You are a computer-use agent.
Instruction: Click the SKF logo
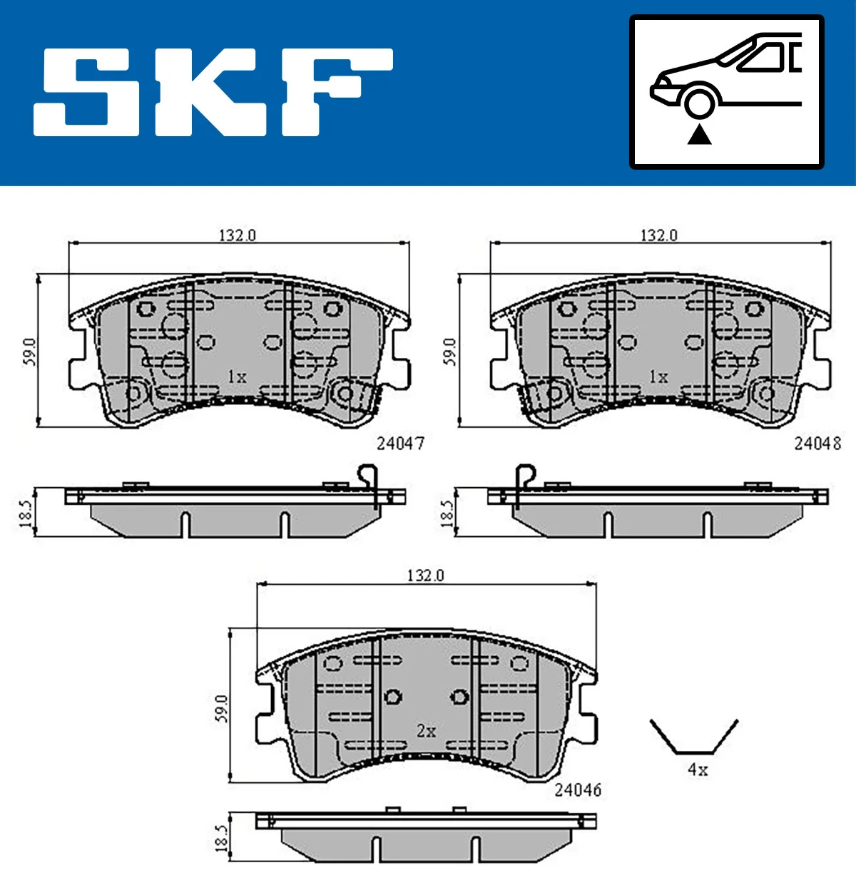coord(213,92)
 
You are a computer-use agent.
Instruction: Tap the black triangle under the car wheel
coord(699,133)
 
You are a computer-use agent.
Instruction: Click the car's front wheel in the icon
coord(699,101)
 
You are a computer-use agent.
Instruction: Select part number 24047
coord(400,444)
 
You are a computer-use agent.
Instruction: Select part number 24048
coord(817,444)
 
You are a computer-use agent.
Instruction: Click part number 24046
coord(578,790)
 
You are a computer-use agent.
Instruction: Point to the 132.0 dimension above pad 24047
coord(237,235)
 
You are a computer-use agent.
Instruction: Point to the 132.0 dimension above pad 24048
coord(658,235)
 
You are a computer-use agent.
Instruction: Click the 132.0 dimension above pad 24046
coord(425,575)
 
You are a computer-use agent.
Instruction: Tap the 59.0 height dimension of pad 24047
coord(29,352)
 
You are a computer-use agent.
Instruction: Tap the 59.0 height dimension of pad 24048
coord(449,352)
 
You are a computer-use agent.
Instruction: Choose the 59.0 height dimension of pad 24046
coord(221,707)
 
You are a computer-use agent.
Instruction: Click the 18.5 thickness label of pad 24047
coord(26,513)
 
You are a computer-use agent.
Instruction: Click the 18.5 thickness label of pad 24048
coord(447,513)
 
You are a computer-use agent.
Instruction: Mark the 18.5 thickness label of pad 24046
coord(221,838)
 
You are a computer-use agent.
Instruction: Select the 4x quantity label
coord(698,770)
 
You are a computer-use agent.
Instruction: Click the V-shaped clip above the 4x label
coord(693,738)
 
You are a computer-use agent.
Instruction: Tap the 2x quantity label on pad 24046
coord(426,731)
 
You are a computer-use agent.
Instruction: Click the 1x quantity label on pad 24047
coord(237,377)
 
